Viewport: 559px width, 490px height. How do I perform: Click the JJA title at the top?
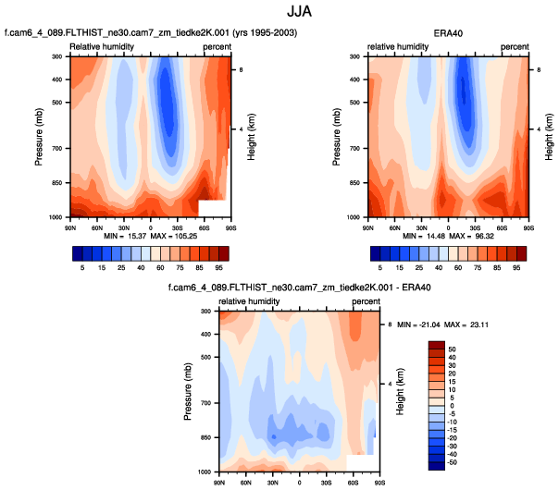pos(279,14)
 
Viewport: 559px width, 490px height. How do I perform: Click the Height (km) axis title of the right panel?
pos(549,136)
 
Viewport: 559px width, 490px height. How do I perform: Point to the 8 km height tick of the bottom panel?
pos(389,325)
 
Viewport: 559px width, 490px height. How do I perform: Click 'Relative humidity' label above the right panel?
pos(398,45)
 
